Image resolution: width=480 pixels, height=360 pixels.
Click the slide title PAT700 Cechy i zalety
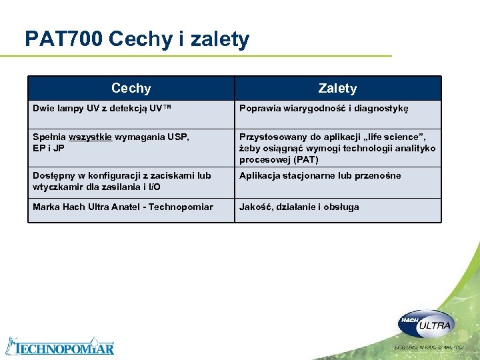137,39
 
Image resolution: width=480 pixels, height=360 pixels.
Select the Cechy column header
131,88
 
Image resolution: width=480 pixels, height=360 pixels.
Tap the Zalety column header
337,88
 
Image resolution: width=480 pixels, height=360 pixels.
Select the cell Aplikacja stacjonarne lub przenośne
320,176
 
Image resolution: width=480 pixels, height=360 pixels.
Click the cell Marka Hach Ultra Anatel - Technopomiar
123,207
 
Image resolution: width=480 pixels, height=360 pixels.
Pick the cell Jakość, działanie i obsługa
299,207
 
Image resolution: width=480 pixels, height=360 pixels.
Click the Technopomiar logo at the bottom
60,347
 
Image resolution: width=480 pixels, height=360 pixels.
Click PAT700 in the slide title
63,39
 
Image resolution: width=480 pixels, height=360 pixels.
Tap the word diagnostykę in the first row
385,108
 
